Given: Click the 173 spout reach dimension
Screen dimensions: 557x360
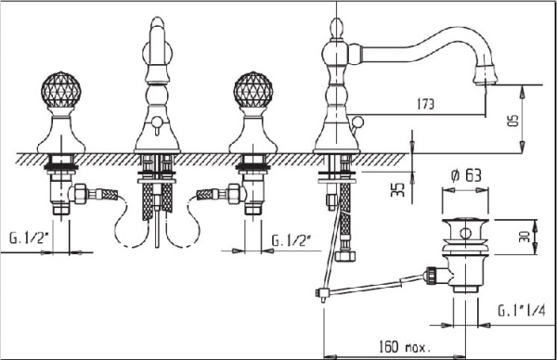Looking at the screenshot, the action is [425, 104].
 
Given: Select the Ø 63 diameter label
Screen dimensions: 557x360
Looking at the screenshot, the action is [466, 175].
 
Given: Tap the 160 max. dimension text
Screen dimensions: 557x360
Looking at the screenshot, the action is [404, 346].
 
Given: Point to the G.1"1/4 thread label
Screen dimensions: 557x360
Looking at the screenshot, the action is [521, 311].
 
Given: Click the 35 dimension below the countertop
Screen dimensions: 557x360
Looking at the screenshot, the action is [398, 189].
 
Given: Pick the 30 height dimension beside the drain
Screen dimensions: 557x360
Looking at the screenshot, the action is [525, 236].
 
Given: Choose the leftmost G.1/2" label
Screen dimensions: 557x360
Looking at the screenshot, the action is [28, 238].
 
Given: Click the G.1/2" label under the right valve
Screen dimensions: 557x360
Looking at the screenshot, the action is [291, 240].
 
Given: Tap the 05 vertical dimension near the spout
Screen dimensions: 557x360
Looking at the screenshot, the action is [513, 120].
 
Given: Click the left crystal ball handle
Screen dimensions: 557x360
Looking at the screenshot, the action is [60, 89].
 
